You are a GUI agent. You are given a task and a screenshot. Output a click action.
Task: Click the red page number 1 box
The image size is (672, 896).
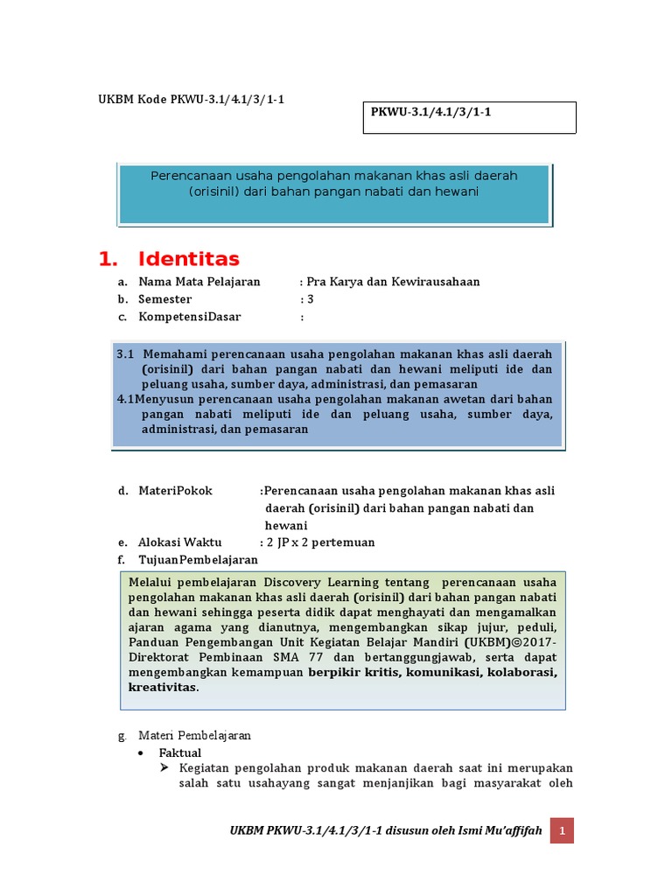[562, 829]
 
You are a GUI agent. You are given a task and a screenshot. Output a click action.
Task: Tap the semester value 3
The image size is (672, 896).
[310, 299]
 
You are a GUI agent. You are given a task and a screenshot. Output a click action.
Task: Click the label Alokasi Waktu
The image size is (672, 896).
[180, 542]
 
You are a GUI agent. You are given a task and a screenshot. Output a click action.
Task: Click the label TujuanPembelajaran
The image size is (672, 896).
[198, 559]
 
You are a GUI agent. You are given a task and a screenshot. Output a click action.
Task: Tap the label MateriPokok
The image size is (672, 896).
[175, 491]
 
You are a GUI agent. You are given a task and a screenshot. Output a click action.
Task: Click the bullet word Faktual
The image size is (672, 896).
[179, 752]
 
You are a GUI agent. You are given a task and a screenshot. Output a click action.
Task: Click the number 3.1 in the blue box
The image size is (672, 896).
[124, 354]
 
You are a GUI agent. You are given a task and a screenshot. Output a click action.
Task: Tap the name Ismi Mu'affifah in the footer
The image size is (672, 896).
[499, 829]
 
